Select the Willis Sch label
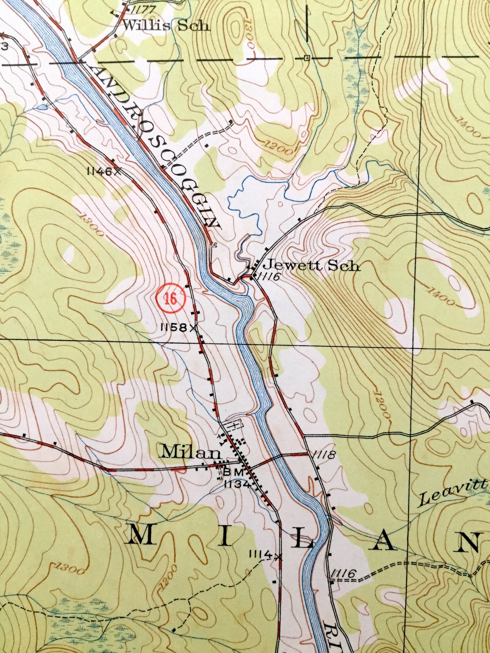166,26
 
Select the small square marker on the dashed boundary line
306,58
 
